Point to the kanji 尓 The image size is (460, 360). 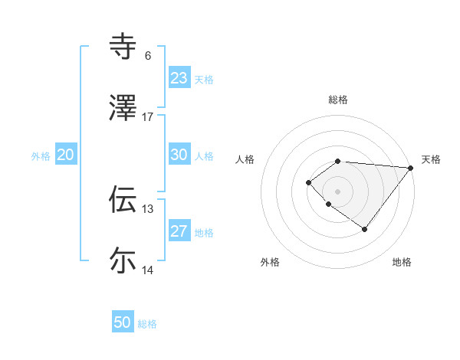(x=123, y=260)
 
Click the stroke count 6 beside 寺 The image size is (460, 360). (x=148, y=56)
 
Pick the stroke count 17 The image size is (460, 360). (x=148, y=116)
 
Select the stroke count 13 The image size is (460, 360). (x=148, y=208)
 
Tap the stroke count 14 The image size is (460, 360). (x=148, y=270)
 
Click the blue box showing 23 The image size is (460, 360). (x=179, y=77)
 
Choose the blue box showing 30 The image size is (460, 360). (x=179, y=154)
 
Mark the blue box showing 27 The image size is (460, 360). (x=179, y=231)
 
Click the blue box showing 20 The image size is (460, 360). (x=66, y=155)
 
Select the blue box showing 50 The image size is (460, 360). (x=123, y=322)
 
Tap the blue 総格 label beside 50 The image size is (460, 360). (x=147, y=324)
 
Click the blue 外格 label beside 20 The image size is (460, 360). (x=41, y=156)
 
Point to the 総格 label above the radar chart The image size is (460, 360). (x=338, y=100)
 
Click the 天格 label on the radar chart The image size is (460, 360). (x=431, y=159)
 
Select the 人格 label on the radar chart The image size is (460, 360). (x=245, y=159)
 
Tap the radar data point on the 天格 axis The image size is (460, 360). (x=410, y=167)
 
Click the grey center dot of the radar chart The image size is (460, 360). (x=338, y=191)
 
